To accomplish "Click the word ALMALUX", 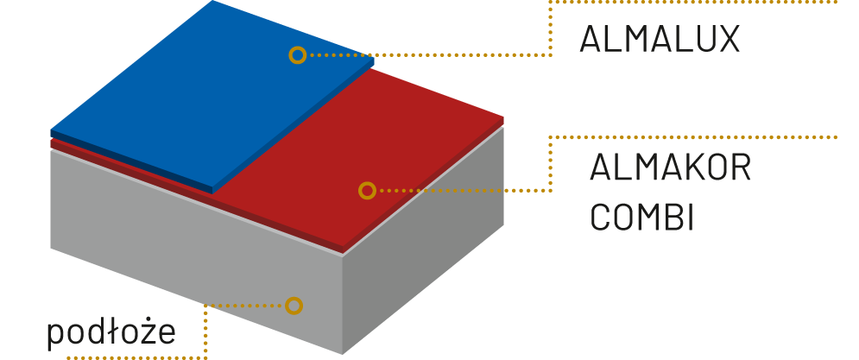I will pos(660,40).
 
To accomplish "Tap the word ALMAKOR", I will pos(670,168).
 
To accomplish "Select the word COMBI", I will pos(642,217).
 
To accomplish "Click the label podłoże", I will pos(112,332).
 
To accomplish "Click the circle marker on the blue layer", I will pos(297,55).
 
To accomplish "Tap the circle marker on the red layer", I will pos(367,190).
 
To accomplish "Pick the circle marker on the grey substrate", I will pos(294,305).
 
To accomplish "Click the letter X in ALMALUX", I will pos(727,40).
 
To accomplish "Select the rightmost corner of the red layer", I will pos(504,118).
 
